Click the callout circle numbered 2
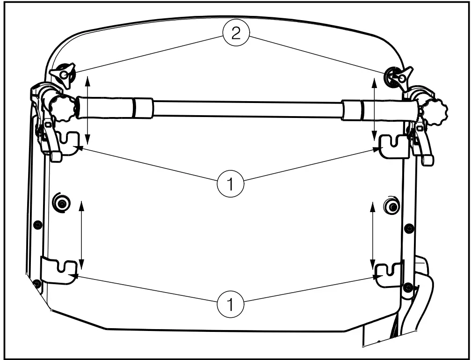pos(237,35)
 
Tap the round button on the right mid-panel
pos(391,206)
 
